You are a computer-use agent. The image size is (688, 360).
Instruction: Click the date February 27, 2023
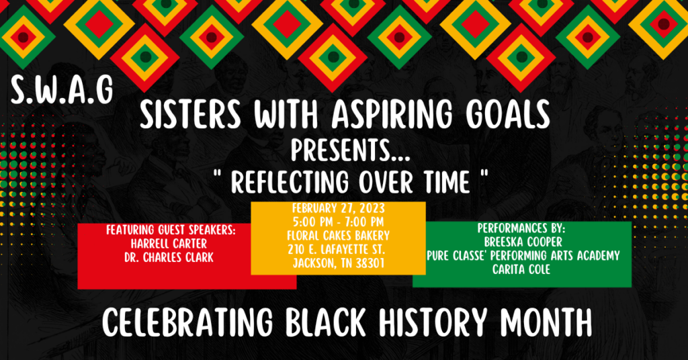pyautogui.click(x=338, y=209)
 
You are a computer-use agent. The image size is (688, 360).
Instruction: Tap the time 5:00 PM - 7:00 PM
pyautogui.click(x=338, y=222)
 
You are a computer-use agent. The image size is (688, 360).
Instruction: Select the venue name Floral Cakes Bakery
pyautogui.click(x=338, y=235)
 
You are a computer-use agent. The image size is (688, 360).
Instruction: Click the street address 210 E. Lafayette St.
pyautogui.click(x=338, y=249)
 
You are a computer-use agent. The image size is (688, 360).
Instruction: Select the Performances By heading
pyautogui.click(x=521, y=228)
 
